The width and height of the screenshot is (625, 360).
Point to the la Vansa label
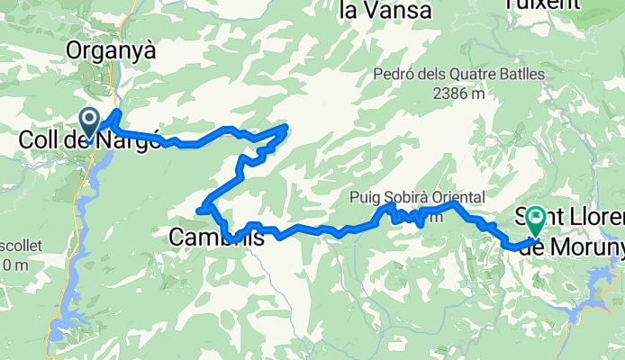(386, 12)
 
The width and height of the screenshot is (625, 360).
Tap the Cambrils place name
(217, 238)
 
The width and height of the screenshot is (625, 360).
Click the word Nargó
(133, 141)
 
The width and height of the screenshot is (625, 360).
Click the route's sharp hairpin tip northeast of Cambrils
(286, 127)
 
